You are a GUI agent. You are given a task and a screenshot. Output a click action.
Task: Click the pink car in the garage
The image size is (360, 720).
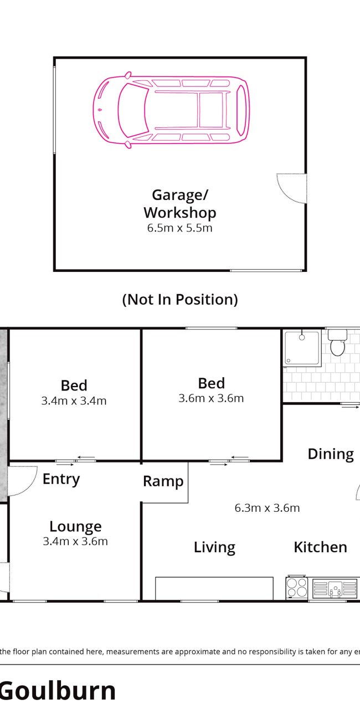[x=171, y=110]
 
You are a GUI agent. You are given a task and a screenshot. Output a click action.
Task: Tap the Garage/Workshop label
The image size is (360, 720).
[x=180, y=204]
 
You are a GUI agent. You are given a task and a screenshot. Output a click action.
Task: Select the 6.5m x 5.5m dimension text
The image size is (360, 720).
[x=180, y=228]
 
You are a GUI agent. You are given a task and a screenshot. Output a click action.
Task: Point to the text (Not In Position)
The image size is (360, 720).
[x=180, y=299]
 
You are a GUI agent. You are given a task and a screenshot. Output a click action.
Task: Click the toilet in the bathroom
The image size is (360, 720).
[x=337, y=342]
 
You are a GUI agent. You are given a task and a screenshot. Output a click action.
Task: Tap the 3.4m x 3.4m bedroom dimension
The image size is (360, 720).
[x=74, y=401]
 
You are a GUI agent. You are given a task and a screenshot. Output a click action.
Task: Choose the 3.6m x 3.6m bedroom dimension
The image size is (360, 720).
[x=211, y=398]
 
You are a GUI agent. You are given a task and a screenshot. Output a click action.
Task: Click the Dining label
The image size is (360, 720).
[x=331, y=454]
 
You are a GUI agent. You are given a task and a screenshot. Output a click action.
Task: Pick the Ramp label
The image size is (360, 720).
[x=163, y=481]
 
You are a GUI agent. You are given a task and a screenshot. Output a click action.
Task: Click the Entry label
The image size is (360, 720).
[x=61, y=479]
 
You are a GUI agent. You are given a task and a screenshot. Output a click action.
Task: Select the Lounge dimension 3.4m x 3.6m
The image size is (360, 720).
[x=75, y=541]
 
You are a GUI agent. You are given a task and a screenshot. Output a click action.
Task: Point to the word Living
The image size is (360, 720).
[x=214, y=547]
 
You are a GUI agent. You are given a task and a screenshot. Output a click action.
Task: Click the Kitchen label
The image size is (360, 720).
[x=321, y=547]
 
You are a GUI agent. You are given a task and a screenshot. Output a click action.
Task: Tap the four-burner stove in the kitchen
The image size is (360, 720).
[x=297, y=587]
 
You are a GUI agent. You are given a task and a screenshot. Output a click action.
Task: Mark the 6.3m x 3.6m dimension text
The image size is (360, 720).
[x=267, y=508]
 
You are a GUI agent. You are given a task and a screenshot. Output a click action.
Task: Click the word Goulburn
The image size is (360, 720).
[x=58, y=691]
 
